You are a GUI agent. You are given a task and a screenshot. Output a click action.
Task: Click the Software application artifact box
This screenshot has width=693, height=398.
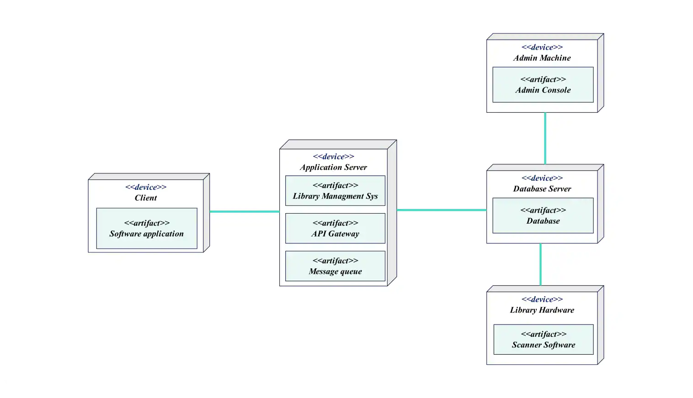(146, 228)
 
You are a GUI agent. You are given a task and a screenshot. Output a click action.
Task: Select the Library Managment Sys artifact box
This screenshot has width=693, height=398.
(335, 191)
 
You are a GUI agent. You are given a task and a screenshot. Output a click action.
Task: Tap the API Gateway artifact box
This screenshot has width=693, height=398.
(335, 228)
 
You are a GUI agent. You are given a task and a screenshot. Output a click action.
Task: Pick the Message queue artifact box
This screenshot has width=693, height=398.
(335, 266)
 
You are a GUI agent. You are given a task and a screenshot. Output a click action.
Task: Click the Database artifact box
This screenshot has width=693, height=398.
(543, 215)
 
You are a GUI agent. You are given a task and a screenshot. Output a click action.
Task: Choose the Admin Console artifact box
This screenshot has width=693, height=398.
(543, 85)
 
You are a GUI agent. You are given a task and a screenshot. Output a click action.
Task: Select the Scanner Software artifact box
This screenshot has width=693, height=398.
(543, 340)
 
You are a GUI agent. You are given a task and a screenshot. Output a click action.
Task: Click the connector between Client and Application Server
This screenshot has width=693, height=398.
(245, 211)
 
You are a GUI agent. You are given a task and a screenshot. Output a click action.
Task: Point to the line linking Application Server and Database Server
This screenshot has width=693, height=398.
(441, 210)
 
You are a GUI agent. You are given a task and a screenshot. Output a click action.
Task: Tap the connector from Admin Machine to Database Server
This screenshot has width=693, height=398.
(545, 138)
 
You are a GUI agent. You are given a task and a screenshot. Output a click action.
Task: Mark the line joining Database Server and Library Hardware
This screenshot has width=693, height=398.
(540, 264)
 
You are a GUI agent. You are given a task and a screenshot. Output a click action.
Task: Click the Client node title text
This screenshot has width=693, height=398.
(145, 198)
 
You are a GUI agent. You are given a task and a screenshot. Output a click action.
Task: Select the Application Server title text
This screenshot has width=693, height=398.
(333, 167)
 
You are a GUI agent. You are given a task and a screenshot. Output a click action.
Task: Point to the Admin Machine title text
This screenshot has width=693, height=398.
(542, 58)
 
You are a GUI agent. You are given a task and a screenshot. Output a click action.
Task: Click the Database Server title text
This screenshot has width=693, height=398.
(542, 189)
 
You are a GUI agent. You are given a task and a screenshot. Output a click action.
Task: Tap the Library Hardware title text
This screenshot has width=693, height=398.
(542, 310)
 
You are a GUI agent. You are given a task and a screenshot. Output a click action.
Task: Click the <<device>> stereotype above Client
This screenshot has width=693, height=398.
(145, 187)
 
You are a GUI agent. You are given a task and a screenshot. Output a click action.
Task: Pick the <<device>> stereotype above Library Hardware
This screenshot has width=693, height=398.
(542, 299)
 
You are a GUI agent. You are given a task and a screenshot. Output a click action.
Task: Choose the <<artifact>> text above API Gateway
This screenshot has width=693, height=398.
(335, 223)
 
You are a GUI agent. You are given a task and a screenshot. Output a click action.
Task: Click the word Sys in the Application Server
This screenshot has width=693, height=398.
(372, 196)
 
